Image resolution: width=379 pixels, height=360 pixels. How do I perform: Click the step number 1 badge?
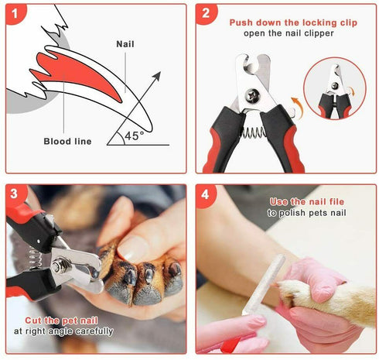tap(17, 14)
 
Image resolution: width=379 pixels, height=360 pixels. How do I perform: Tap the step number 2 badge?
tap(206, 14)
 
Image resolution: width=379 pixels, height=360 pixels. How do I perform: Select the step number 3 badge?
tap(17, 194)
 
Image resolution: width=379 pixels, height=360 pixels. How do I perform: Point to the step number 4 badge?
tap(206, 194)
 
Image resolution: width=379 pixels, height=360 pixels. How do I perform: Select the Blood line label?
tap(67, 142)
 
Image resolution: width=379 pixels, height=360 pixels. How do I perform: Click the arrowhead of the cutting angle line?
tap(159, 75)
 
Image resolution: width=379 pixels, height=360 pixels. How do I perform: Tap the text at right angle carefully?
tap(63, 331)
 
